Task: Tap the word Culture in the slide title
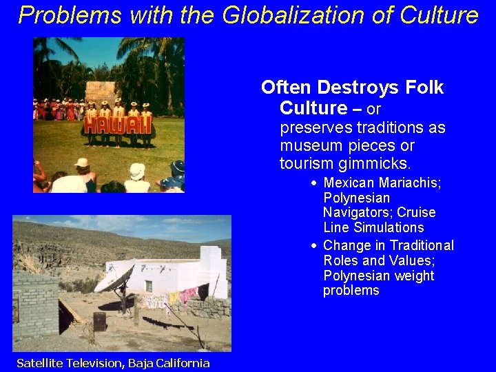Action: (x=434, y=14)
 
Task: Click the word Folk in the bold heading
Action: (x=425, y=87)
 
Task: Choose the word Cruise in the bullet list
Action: (x=416, y=212)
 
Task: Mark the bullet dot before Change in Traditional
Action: (x=313, y=246)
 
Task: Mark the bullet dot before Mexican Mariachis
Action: (x=313, y=183)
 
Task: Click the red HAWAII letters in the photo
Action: (x=117, y=125)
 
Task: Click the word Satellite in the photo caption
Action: (x=44, y=363)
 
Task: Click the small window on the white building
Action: (x=148, y=285)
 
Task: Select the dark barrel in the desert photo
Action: (x=100, y=320)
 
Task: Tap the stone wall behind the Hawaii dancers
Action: (x=101, y=92)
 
